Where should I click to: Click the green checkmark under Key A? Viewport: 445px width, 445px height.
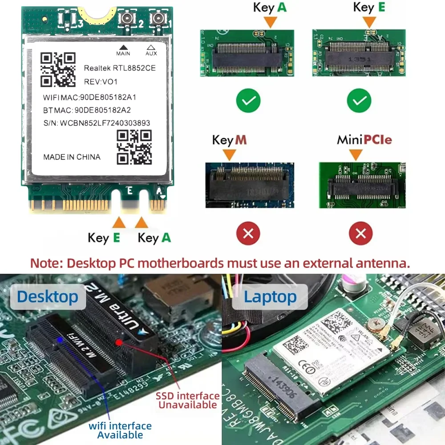point(249,102)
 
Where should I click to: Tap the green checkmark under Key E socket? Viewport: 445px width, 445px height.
point(359,102)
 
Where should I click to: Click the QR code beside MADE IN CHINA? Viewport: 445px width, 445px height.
point(134,147)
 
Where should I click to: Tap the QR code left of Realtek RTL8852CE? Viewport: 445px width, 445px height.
point(58,69)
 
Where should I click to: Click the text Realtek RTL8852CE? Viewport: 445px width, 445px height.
point(120,68)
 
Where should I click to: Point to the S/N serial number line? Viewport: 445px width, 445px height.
point(97,123)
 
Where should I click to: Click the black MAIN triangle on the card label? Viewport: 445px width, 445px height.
point(123,47)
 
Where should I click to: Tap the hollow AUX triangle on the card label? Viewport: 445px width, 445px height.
point(151,47)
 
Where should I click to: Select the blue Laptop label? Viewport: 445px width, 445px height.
point(270,297)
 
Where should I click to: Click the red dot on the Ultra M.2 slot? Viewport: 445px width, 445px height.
point(119,342)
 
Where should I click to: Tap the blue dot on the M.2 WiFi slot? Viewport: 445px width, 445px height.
point(60,339)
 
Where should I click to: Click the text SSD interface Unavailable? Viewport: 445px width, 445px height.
point(187,400)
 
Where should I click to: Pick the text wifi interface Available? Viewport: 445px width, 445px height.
point(120,430)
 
